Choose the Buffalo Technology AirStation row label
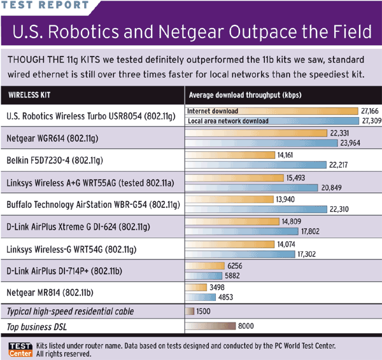click(94, 204)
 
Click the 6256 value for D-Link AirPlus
click(235, 264)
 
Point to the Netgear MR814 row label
click(48, 293)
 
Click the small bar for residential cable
click(188, 311)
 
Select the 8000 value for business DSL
click(246, 326)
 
